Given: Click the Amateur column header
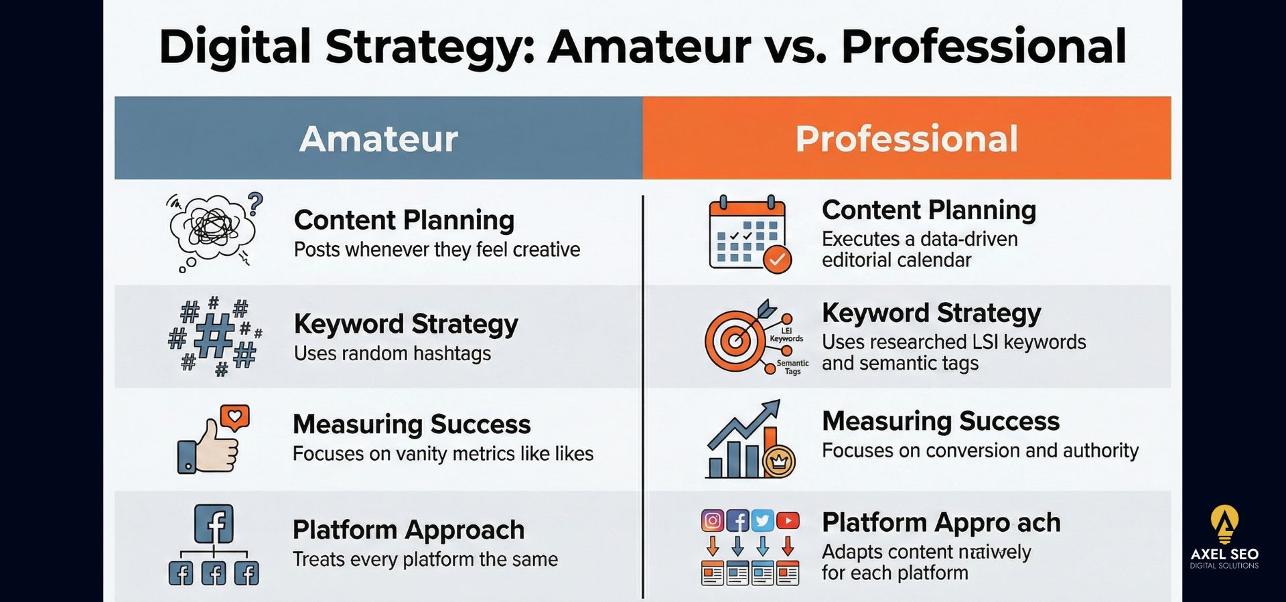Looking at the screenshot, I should point(378,138).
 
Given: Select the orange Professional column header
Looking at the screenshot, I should point(906,138).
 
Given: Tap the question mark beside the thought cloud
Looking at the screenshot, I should point(255,204).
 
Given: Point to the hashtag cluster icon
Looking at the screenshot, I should point(214,336).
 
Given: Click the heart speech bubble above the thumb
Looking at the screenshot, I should point(234,418).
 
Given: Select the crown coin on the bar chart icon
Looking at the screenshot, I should point(779,461).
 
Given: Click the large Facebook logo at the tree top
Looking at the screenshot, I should point(214,524).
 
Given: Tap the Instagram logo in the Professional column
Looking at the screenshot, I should point(713,520).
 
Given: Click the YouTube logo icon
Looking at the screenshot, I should point(788,520).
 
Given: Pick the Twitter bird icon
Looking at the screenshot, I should point(763,520).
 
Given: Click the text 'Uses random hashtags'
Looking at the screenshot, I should point(392,353).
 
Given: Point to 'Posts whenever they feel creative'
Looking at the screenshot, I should point(437,250).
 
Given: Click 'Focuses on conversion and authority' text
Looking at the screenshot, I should point(980,451).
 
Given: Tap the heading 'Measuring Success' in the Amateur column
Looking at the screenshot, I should point(411,424).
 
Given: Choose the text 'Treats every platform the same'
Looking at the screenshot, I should point(425,559).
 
